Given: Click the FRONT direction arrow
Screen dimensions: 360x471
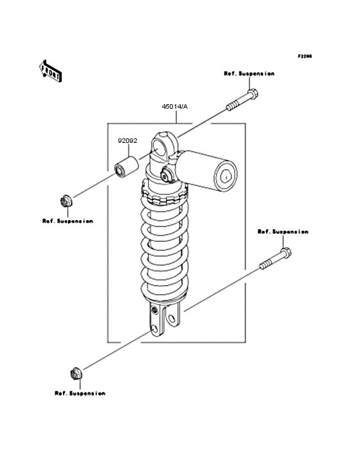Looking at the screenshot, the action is coord(50,71).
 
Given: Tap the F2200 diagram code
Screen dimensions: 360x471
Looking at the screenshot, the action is coord(305,56).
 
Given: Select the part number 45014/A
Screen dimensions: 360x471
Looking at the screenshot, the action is coord(175,107).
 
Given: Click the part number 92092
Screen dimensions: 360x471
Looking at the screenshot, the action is coord(127,140).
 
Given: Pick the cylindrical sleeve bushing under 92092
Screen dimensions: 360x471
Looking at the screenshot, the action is coord(127,167).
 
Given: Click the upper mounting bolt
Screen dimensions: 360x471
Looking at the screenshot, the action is coord(242,100).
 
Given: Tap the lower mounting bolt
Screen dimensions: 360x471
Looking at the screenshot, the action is coord(275,258).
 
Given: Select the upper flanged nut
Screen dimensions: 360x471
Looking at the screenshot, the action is coord(66,201).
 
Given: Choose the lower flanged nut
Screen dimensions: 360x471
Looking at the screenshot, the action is coord(76,373).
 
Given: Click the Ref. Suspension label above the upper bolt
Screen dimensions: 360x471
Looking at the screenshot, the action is coord(249,73).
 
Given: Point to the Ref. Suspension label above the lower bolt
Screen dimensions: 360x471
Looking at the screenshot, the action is coord(283,232).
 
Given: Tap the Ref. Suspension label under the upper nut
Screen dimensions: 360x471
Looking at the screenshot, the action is coord(67,221).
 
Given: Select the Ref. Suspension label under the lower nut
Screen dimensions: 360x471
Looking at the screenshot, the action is coord(80,393).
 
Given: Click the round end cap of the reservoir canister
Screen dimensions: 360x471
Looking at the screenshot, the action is coord(226,176).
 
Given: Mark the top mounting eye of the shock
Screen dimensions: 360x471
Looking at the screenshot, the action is coord(165,148).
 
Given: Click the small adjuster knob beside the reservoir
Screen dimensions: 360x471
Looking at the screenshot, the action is coord(166,175).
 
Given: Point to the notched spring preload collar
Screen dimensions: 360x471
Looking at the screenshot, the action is coord(165,194).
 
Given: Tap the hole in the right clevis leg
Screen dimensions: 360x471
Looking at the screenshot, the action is coord(172,319).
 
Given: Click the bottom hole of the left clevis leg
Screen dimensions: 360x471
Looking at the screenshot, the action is coord(155,329).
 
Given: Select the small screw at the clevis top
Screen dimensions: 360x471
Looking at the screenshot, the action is coord(154,310).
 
